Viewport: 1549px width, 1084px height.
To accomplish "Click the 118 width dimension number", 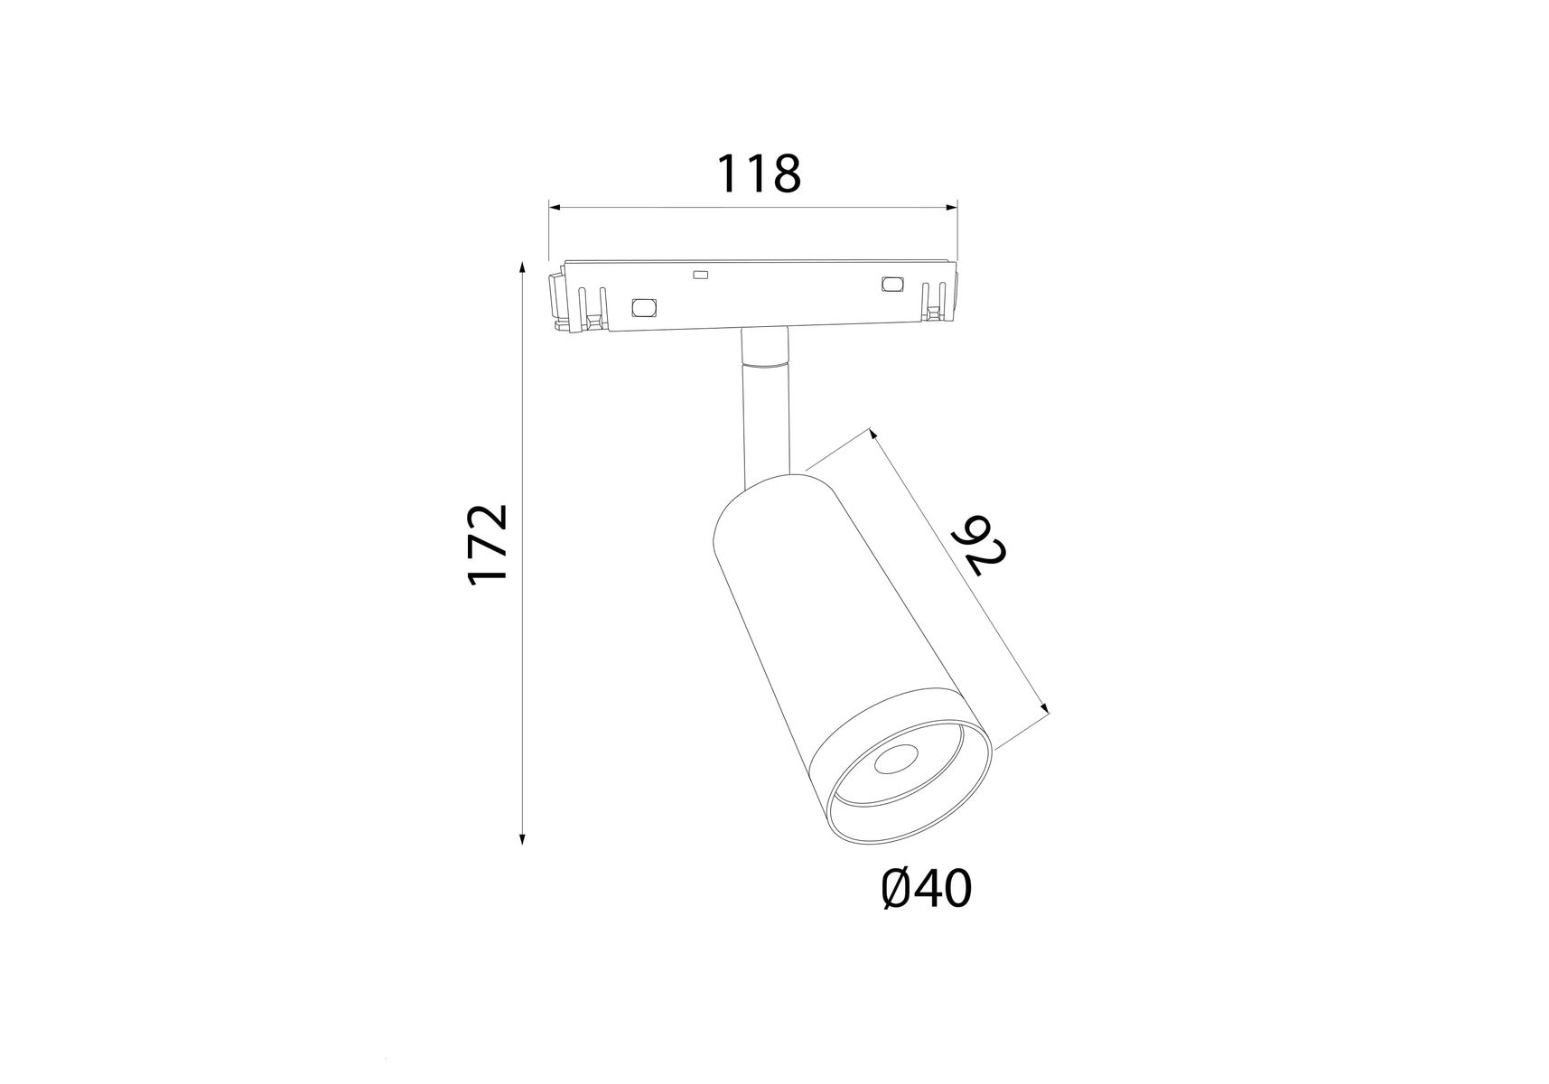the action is [759, 173].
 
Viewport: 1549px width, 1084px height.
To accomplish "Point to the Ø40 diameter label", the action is [926, 889].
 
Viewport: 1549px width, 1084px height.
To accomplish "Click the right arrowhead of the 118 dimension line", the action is [951, 208].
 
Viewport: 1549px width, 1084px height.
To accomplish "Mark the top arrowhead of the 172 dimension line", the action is [522, 267].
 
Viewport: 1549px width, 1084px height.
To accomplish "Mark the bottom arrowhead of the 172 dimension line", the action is [522, 837].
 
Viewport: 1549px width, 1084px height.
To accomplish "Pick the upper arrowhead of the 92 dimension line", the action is [873, 435].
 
